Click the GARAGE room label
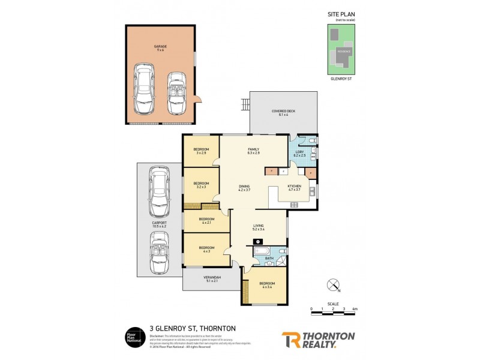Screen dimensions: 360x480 tap(160, 46)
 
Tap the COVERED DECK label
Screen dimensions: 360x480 tap(283, 112)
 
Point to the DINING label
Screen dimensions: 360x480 tap(244, 187)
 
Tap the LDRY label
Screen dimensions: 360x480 tap(299, 152)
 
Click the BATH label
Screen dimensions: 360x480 tap(269, 259)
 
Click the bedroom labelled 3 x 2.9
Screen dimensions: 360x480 tap(201, 151)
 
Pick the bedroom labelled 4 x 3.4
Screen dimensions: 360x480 tap(267, 285)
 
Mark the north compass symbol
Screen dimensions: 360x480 tap(333, 284)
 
